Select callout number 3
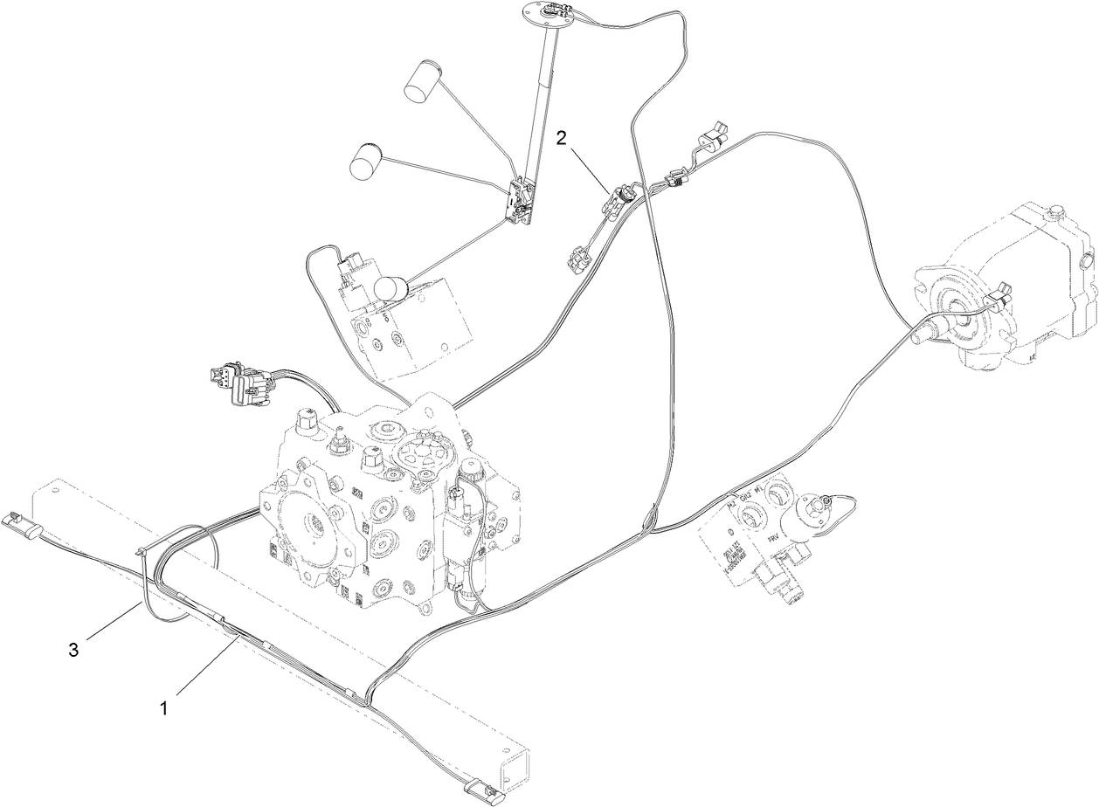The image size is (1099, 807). click(x=74, y=649)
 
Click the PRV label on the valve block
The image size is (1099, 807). click(x=775, y=541)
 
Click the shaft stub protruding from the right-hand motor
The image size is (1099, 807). click(x=925, y=335)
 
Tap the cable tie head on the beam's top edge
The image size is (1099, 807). click(x=141, y=552)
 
